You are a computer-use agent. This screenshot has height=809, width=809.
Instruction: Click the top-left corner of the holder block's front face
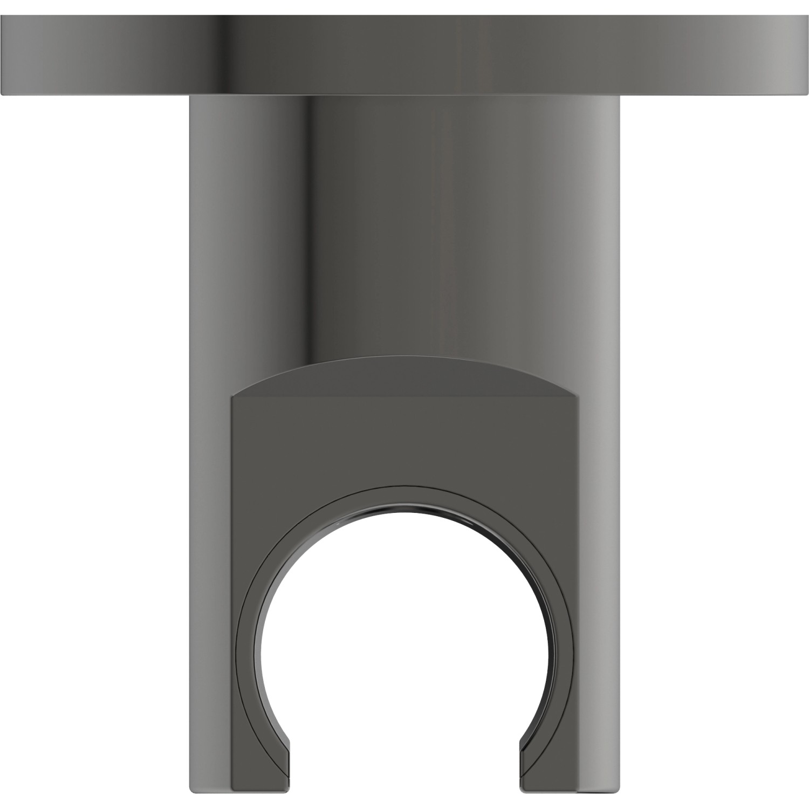tap(232, 398)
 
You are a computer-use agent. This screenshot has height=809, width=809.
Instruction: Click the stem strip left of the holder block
tap(210, 593)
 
